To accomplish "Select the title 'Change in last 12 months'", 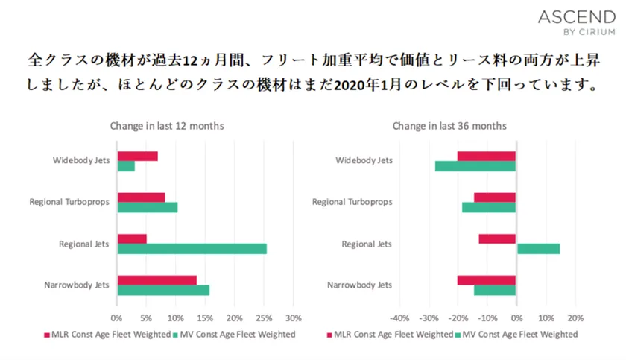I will coord(167,126).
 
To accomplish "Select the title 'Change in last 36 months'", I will coord(449,126).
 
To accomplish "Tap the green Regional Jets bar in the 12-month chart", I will coord(192,249).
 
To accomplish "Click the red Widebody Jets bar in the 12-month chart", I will coord(137,156).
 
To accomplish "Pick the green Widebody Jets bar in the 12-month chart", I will coord(126,166).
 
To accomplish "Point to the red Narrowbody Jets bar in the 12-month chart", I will coord(156,280).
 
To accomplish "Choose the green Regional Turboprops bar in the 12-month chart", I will coord(147,207).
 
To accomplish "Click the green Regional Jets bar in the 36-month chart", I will coord(537,249).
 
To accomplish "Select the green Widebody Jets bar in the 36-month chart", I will coord(475,166).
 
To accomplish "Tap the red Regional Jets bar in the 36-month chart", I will coord(497,239).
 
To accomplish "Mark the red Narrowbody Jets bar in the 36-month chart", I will coord(486,280).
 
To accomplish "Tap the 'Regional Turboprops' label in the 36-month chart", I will coord(352,202).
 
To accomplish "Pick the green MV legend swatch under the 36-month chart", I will coord(457,335).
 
